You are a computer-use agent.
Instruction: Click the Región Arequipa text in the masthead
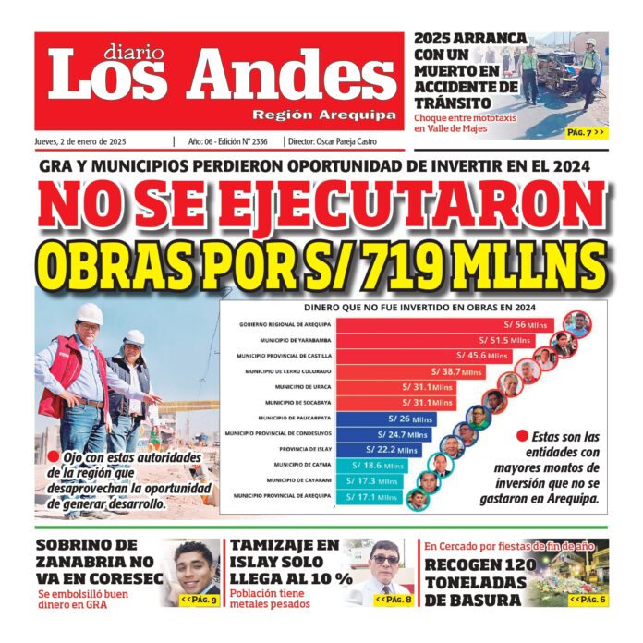click(324, 115)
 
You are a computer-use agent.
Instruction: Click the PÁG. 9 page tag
click(199, 601)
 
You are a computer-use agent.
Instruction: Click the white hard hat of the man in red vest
click(89, 313)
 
